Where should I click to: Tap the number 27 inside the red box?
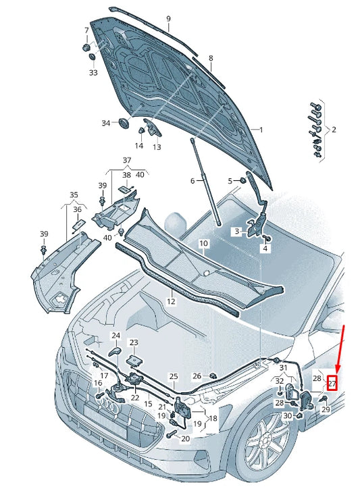pyautogui.click(x=332, y=383)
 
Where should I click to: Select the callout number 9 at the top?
pyautogui.click(x=168, y=18)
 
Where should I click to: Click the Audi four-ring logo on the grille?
pyautogui.click(x=108, y=404)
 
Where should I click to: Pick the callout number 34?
pyautogui.click(x=105, y=123)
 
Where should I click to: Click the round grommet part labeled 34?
pyautogui.click(x=124, y=125)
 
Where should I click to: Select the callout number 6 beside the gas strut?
pyautogui.click(x=192, y=180)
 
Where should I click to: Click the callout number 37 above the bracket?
pyautogui.click(x=127, y=159)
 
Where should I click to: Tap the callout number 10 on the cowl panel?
pyautogui.click(x=203, y=242)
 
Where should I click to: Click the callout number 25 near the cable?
pyautogui.click(x=173, y=376)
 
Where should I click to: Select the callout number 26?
pyautogui.click(x=197, y=375)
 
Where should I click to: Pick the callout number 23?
pyautogui.click(x=134, y=343)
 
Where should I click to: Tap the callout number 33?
pyautogui.click(x=93, y=72)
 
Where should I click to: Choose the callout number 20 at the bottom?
pyautogui.click(x=186, y=438)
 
